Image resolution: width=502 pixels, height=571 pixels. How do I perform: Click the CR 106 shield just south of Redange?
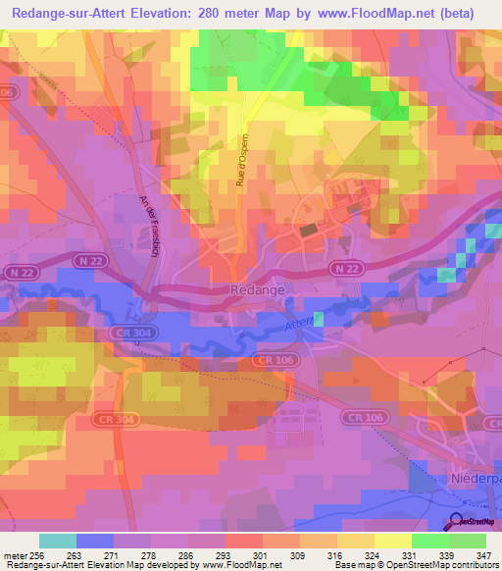coord(274,361)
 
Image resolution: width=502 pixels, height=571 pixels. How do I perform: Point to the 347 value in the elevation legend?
coord(484,555)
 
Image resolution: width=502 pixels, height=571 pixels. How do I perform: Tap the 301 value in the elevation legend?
coord(261,555)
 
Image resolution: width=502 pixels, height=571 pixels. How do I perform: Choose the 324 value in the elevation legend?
coord(373,555)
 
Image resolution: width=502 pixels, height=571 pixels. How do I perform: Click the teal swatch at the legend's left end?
coord(57,541)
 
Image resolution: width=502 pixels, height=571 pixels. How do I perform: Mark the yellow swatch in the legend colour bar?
coord(392,541)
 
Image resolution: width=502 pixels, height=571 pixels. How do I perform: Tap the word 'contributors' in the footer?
coord(472,566)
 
